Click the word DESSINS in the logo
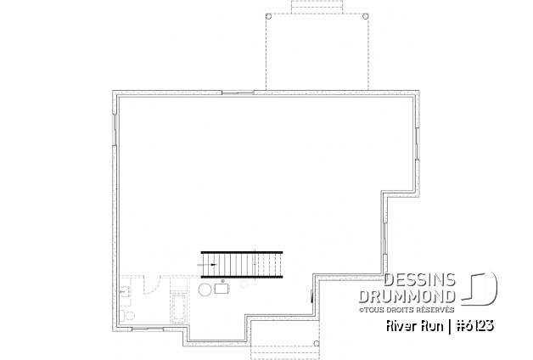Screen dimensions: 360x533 click(420, 280)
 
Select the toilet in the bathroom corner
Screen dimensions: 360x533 click(128, 317)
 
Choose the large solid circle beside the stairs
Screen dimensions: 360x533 click(205, 290)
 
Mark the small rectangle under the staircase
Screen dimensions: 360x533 click(222, 290)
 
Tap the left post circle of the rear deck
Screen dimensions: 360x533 click(270, 16)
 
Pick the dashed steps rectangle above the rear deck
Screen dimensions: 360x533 click(317, 7)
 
